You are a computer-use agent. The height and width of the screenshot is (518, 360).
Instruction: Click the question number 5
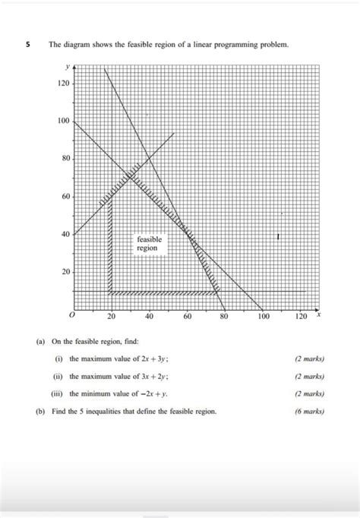[x=27, y=45]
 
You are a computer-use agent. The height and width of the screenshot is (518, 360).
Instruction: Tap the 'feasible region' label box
[x=149, y=243]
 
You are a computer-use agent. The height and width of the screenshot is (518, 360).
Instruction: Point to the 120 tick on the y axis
[x=64, y=84]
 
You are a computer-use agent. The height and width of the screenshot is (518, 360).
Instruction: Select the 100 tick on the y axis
[x=64, y=122]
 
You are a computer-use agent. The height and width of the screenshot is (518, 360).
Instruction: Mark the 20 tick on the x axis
[x=111, y=315]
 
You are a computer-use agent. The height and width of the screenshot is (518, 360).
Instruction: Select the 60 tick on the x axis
[x=187, y=315]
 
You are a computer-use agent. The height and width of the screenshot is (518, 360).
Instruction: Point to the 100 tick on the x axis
[x=262, y=315]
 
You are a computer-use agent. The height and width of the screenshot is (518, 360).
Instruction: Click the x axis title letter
[x=319, y=313]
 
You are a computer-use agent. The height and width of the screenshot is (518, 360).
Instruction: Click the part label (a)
[x=40, y=342]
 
